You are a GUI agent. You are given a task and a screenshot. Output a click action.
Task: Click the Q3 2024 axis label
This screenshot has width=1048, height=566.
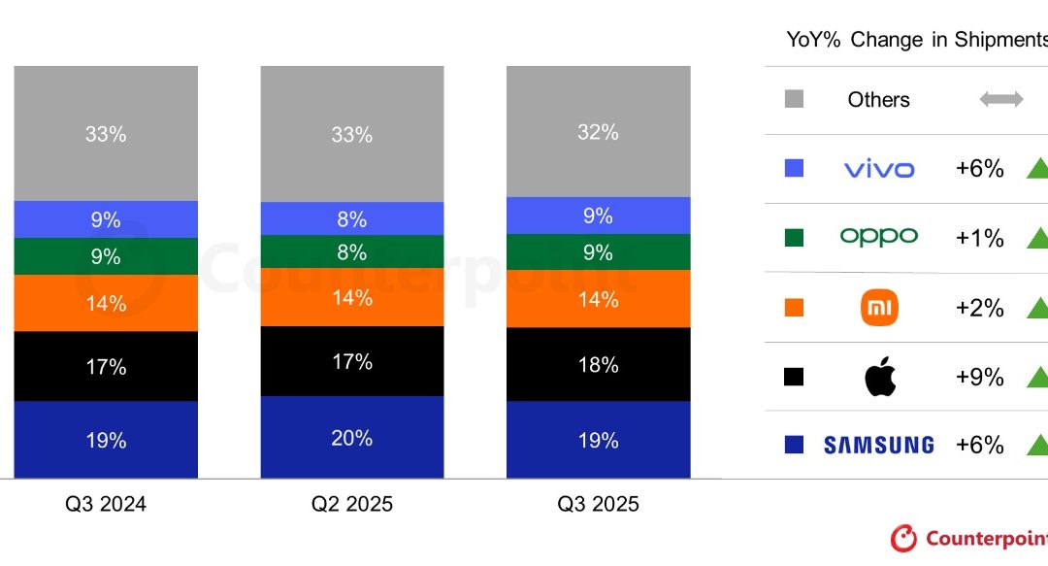click(106, 504)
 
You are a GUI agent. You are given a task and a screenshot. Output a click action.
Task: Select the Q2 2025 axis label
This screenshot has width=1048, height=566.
click(352, 504)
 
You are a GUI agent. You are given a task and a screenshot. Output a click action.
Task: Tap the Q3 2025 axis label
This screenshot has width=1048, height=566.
click(598, 504)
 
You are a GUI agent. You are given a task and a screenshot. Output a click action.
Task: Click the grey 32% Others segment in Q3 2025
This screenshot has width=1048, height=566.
click(598, 132)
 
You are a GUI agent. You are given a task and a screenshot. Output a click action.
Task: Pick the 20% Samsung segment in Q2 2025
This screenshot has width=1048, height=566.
click(351, 438)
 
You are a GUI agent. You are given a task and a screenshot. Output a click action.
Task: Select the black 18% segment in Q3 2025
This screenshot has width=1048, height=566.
click(598, 365)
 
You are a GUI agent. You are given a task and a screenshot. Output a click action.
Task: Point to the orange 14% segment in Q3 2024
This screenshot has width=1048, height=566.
click(106, 304)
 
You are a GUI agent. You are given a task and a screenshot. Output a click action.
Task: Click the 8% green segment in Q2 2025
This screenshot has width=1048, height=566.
click(351, 252)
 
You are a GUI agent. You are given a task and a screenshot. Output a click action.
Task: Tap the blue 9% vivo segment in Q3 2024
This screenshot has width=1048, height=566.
click(106, 220)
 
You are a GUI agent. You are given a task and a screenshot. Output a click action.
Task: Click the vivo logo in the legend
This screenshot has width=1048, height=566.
click(879, 169)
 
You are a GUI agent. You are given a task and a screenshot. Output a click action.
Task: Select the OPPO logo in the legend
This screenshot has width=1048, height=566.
click(879, 237)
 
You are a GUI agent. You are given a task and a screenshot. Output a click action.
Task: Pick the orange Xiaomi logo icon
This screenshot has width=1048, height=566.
click(879, 308)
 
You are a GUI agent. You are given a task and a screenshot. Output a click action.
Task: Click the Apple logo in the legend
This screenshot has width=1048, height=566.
click(879, 377)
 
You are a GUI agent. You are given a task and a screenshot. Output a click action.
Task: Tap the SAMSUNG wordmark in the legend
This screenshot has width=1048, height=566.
click(879, 446)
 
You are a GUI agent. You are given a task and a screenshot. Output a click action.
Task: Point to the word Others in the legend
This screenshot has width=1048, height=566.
click(878, 99)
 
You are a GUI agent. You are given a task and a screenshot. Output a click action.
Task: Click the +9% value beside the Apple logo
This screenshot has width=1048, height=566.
click(979, 377)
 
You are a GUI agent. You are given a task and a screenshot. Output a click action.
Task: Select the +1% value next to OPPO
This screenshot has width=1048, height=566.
click(979, 238)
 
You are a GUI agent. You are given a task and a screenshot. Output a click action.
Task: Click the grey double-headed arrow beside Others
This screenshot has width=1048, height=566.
click(1001, 99)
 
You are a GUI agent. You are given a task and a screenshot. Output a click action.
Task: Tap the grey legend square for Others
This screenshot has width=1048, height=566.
click(794, 99)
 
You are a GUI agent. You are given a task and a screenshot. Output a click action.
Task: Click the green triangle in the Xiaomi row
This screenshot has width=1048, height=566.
click(1037, 308)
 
